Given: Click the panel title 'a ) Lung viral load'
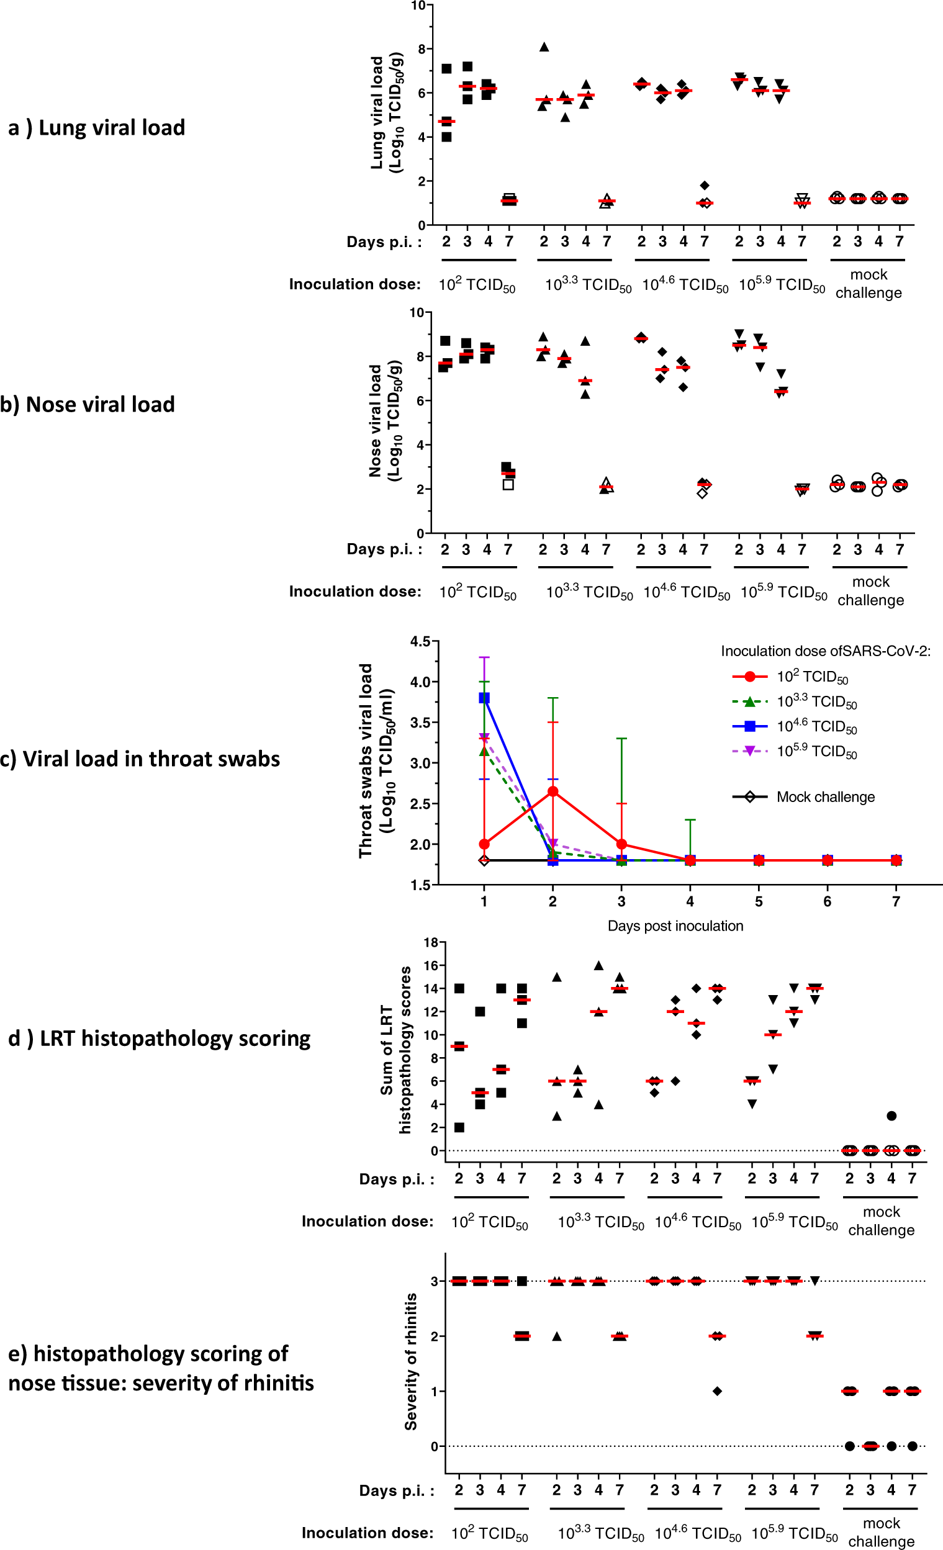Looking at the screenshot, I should coord(96,128).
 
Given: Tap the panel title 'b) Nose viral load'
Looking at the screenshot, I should coord(88,405).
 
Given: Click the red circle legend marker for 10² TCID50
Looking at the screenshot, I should coord(749,677).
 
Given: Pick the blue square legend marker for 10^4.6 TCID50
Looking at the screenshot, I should coord(749,726).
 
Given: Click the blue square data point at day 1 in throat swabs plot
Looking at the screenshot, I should coord(484,698).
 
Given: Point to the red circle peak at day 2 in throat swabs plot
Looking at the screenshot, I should coord(553,791).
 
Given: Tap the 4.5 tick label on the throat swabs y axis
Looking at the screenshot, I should coord(420,642).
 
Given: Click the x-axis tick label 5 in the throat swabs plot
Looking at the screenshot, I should coord(759,901).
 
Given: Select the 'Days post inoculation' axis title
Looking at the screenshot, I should coord(675,926).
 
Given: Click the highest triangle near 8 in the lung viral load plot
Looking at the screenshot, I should coord(544,47).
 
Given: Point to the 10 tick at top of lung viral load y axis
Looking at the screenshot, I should coord(418,6).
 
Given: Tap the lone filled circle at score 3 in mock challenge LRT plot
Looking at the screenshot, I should coord(891,1116).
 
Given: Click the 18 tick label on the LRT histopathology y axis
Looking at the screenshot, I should coord(430,942).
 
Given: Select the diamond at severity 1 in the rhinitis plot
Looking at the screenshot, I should coord(717,1391).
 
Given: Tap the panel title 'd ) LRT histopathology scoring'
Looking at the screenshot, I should coord(159,1039).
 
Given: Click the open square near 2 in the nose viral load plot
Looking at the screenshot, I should coord(508,484).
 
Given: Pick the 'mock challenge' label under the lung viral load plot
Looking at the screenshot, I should coord(868,284).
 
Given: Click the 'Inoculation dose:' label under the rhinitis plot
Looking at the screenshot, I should coord(368,1533).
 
